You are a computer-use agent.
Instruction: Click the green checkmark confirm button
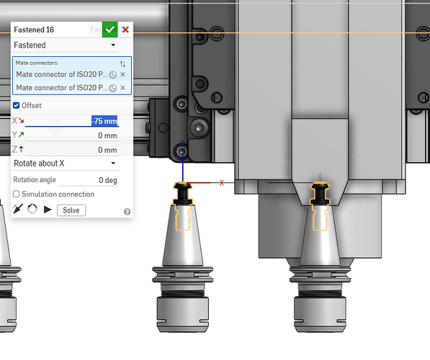[109, 30]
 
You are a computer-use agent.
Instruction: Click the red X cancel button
[125, 30]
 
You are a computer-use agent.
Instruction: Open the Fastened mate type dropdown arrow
[113, 45]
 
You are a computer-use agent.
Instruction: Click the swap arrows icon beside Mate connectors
[122, 64]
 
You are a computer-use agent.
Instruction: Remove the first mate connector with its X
[122, 74]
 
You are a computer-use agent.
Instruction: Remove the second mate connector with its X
[122, 88]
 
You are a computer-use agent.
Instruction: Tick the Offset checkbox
[16, 105]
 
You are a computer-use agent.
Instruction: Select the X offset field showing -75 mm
[104, 121]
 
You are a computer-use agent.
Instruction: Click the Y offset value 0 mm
[107, 135]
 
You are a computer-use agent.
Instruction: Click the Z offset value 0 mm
[107, 150]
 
